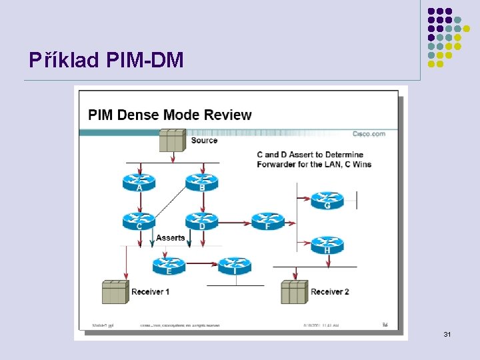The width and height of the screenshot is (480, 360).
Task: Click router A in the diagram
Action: (x=139, y=180)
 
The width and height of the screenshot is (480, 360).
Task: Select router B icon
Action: (x=201, y=180)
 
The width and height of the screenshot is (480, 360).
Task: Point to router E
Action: (x=169, y=265)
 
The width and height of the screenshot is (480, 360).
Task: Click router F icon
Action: (x=267, y=220)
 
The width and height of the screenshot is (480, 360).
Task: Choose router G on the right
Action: (x=327, y=199)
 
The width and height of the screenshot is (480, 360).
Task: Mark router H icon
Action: (x=327, y=244)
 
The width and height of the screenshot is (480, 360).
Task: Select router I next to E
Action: (x=235, y=265)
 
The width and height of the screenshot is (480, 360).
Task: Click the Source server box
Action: (x=172, y=140)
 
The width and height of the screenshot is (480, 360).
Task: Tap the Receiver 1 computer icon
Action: (x=115, y=292)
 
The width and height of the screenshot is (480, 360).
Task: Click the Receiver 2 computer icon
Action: (x=294, y=292)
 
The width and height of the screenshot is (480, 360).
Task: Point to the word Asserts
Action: (x=170, y=238)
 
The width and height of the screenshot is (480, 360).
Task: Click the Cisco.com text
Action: (x=369, y=134)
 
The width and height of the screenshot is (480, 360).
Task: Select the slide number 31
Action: (x=447, y=333)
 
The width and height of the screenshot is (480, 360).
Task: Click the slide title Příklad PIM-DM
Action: (x=106, y=61)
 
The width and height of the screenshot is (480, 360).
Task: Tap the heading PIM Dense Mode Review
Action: (x=170, y=115)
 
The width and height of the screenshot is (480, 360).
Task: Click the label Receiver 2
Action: (x=330, y=292)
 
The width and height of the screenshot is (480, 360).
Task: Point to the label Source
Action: (x=204, y=141)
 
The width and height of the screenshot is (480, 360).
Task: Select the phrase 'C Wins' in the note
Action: (x=357, y=164)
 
